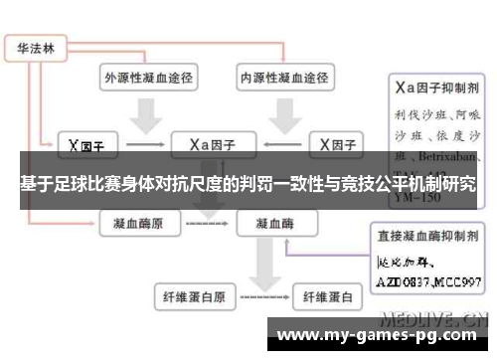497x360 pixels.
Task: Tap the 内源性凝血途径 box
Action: click(283, 77)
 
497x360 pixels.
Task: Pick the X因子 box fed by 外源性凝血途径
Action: click(86, 144)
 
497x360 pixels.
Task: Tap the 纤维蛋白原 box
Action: click(194, 296)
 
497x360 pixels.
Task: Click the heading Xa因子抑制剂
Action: click(437, 88)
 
